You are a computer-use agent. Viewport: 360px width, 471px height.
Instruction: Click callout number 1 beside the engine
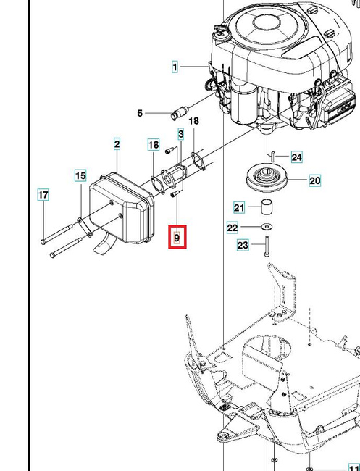[175, 67]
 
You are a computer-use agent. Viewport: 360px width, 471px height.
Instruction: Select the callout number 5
[140, 113]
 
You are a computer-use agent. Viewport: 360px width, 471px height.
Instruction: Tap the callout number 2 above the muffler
[117, 144]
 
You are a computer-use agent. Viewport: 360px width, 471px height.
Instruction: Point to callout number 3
[181, 134]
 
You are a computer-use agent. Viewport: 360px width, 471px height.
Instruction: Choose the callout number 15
[80, 175]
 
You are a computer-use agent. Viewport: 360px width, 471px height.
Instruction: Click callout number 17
[43, 195]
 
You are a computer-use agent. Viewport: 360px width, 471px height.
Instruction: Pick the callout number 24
[297, 157]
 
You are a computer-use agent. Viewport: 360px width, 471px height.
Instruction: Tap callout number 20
[315, 180]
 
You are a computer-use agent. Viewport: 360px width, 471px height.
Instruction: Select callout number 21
[239, 207]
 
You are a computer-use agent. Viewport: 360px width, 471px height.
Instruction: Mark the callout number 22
[233, 228]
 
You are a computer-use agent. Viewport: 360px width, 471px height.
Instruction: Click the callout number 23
[243, 245]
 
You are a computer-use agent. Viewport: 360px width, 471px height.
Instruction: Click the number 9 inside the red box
[177, 238]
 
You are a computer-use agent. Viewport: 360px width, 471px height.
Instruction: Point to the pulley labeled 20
[267, 180]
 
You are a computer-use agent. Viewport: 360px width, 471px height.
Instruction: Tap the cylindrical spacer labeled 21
[267, 207]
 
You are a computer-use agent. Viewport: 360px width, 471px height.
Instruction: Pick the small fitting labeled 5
[179, 112]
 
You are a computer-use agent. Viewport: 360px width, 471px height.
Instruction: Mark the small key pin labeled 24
[273, 157]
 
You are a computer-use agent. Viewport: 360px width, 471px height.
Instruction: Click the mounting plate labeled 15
[85, 227]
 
